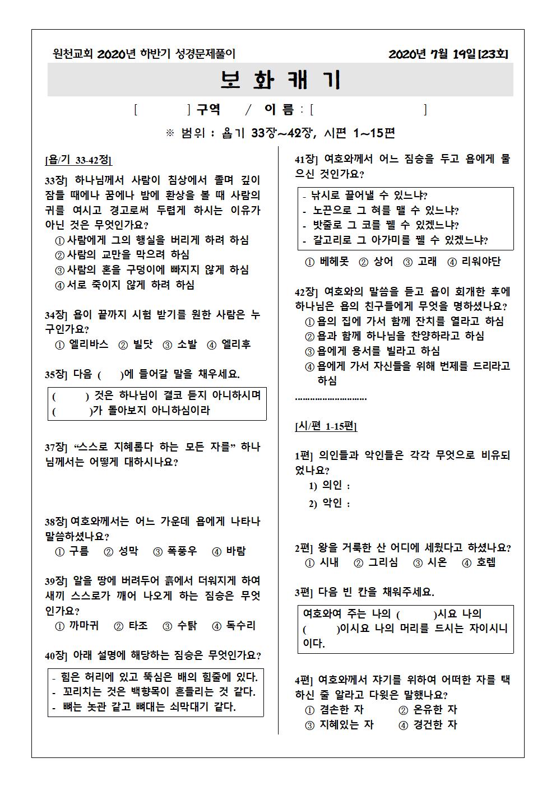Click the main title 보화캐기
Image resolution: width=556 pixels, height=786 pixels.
click(280, 80)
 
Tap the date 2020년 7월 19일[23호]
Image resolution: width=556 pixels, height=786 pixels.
click(448, 54)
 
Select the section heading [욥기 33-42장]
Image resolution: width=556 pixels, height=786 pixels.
click(78, 160)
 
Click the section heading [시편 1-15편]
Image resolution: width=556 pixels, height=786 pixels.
click(326, 426)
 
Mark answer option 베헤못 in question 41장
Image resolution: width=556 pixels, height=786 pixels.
click(328, 262)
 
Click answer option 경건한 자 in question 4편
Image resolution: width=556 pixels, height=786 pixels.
click(429, 724)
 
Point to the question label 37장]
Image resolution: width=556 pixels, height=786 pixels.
click(57, 448)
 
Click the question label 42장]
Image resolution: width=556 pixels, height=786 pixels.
click(307, 292)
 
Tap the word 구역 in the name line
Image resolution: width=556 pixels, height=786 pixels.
click(208, 109)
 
